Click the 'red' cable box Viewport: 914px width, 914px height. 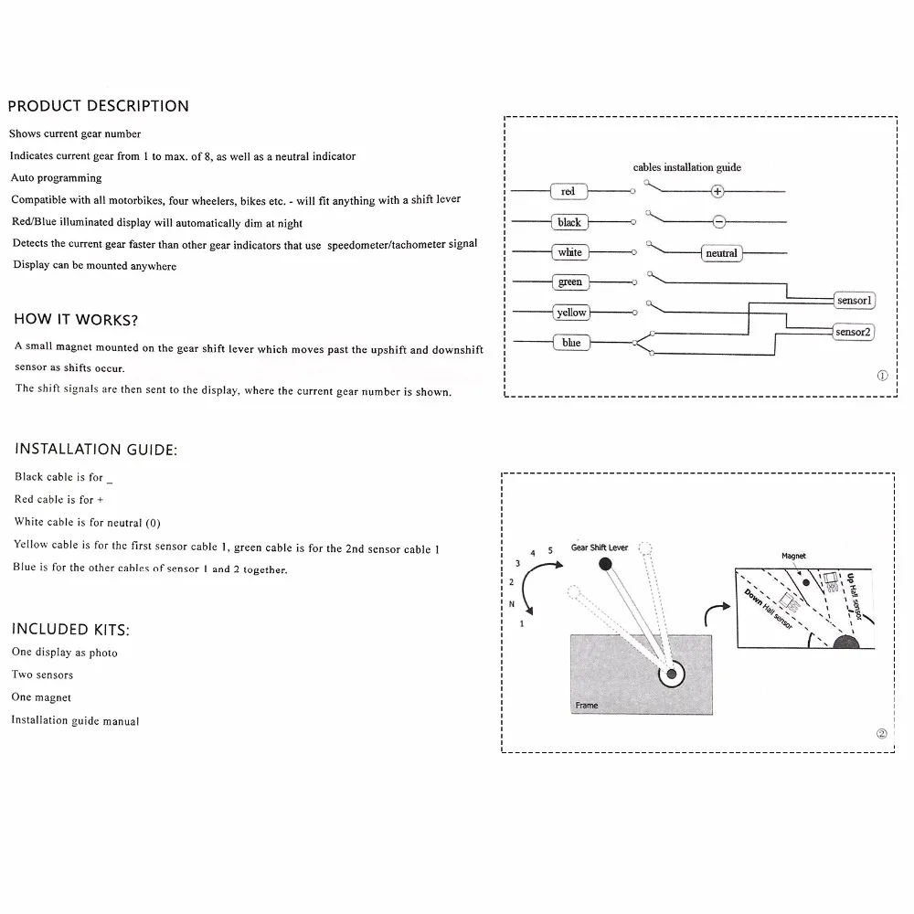[x=569, y=192]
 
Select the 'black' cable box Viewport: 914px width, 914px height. [x=569, y=222]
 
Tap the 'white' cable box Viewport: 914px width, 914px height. [x=569, y=252]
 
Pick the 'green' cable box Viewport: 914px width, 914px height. [x=569, y=282]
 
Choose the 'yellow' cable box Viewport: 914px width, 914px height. [x=571, y=313]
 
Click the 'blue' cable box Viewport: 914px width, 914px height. [x=571, y=343]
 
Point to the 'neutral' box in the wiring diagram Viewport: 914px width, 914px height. [x=721, y=253]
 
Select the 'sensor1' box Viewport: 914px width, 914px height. [x=855, y=300]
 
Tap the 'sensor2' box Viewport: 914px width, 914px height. [x=855, y=332]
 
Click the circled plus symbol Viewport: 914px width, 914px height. [x=717, y=192]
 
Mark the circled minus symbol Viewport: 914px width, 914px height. [x=718, y=222]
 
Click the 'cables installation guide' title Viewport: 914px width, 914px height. [x=687, y=167]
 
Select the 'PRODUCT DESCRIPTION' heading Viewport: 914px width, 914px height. [x=98, y=106]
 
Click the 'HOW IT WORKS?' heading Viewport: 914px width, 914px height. [x=76, y=320]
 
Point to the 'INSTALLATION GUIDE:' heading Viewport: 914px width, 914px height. [x=96, y=449]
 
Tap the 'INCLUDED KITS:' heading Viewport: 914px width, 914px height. [x=70, y=629]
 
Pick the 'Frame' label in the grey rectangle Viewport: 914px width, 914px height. [x=587, y=706]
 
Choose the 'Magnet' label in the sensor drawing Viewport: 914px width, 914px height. [x=793, y=556]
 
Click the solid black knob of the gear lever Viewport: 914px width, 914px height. [x=605, y=565]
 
